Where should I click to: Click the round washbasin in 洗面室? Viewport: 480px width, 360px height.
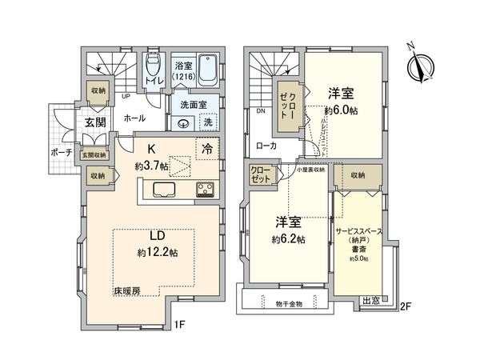pos(184,123)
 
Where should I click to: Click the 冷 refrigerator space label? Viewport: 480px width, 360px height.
pos(207,148)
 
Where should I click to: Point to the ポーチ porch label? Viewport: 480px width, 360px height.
pos(66,152)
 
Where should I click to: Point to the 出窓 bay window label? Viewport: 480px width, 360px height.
pos(371,301)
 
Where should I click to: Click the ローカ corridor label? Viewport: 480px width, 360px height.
pos(266,146)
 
